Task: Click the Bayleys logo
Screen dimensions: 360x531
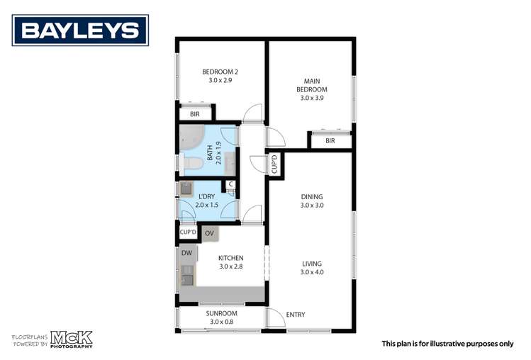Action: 79,30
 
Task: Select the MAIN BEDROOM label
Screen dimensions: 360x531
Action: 312,86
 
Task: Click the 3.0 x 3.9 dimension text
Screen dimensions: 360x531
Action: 312,99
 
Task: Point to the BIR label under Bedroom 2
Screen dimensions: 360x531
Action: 194,114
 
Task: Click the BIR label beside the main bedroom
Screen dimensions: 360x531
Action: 330,141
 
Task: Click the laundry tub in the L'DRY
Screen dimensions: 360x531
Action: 186,189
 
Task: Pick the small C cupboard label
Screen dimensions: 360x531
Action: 230,186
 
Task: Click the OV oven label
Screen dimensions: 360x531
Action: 209,232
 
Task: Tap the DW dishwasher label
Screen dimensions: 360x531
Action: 186,253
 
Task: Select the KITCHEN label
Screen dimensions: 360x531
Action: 230,258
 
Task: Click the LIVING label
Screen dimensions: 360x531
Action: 311,263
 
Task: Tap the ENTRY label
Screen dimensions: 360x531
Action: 295,314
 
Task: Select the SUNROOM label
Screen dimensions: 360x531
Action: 221,313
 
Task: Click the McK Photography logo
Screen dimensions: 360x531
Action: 71,339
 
